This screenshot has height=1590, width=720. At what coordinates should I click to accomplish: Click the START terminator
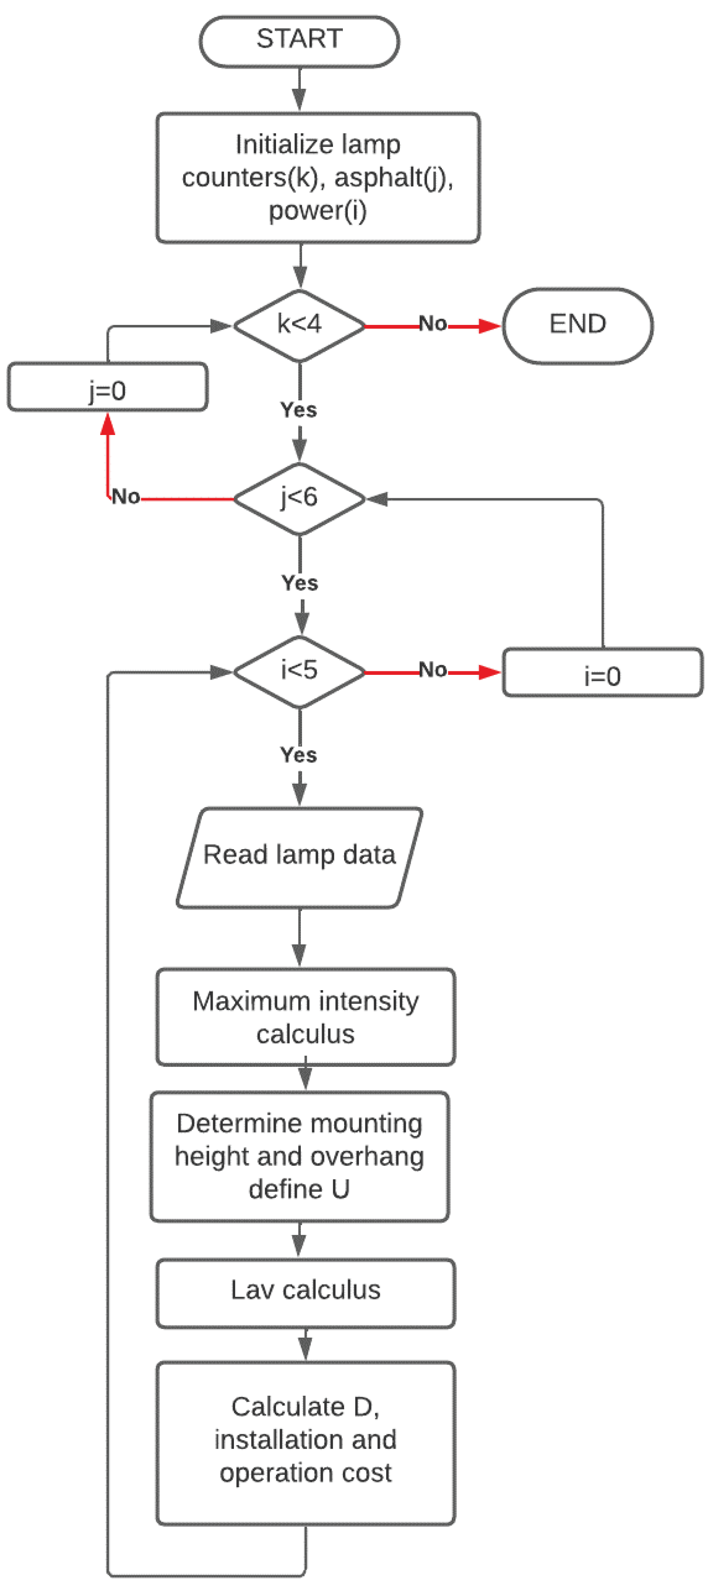[299, 41]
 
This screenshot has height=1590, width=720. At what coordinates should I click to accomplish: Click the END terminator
[577, 325]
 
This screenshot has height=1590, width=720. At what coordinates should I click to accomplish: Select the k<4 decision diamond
[299, 325]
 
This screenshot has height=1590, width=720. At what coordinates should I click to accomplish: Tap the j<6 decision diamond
[299, 498]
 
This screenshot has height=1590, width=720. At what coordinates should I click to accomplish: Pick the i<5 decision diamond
[299, 671]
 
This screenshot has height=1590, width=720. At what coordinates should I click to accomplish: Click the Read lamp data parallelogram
[299, 857]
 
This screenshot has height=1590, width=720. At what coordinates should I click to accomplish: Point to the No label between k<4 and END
[433, 324]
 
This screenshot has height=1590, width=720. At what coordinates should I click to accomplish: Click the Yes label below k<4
[299, 410]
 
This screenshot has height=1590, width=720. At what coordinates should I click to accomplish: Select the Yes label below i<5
[299, 755]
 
